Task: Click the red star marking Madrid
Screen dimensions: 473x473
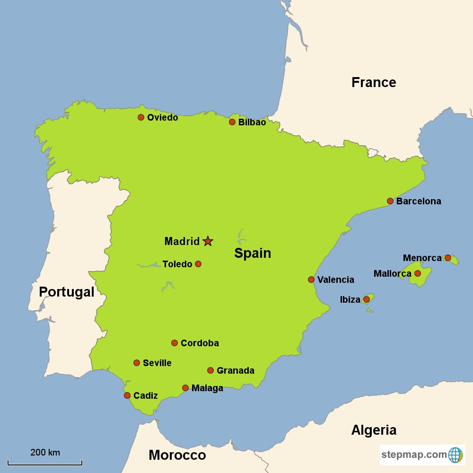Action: pos(208,241)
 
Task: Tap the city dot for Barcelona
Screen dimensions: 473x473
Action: pos(390,201)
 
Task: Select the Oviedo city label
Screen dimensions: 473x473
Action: pos(162,117)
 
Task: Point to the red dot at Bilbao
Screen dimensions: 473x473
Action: pos(232,122)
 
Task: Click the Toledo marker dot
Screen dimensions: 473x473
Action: pos(198,264)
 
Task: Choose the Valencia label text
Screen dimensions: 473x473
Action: pos(335,280)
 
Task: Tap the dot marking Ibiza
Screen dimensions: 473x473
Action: pos(367,299)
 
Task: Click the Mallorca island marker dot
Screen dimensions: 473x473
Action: pos(418,273)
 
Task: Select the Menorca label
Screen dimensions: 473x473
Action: pos(422,258)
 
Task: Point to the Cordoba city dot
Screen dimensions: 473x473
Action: pos(175,343)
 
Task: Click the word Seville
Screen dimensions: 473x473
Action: pos(157,363)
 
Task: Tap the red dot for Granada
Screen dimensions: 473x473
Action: pos(210,370)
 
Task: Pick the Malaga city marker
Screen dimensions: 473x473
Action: pos(185,388)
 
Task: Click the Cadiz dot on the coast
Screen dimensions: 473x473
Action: pos(127,395)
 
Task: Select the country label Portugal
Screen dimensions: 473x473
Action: pos(66,292)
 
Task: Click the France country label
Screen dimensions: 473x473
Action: pos(374,82)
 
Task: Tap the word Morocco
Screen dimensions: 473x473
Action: pos(177,455)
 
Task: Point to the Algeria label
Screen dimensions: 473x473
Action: pos(374,430)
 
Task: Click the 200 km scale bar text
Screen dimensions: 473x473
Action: pos(45,452)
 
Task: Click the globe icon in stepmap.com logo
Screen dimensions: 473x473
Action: pos(455,455)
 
